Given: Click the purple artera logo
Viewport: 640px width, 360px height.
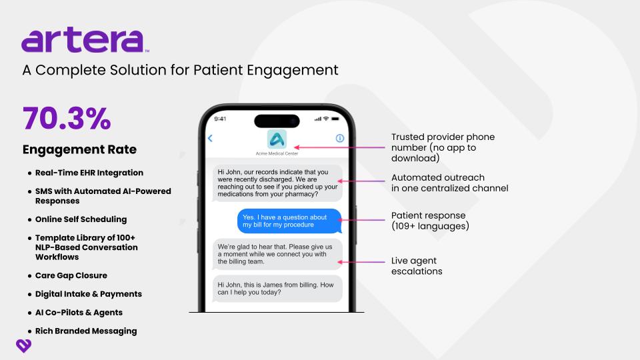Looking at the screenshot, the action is pyautogui.click(x=85, y=39).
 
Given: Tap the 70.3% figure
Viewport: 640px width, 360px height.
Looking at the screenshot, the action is pyautogui.click(x=67, y=119).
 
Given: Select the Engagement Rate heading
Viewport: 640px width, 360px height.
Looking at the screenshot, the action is pyautogui.click(x=79, y=149).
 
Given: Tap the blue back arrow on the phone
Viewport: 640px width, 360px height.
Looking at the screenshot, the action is pyautogui.click(x=210, y=139).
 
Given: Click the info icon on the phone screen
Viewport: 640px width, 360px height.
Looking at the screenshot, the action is pyautogui.click(x=339, y=139).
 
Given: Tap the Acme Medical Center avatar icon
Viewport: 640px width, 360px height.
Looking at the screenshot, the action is pyautogui.click(x=277, y=139).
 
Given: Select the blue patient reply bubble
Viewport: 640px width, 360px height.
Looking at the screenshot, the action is pyautogui.click(x=289, y=221).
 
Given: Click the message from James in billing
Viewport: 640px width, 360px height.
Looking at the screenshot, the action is pyautogui.click(x=277, y=289).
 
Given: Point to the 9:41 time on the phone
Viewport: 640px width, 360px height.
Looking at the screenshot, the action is pyautogui.click(x=220, y=119).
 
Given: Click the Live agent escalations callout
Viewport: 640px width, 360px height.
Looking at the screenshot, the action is pyautogui.click(x=417, y=266).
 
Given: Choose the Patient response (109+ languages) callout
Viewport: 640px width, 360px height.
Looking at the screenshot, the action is pyautogui.click(x=430, y=221).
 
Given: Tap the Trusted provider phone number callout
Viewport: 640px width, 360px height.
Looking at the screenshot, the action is pyautogui.click(x=443, y=147).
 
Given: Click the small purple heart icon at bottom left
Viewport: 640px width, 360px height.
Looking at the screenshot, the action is pyautogui.click(x=24, y=346).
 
